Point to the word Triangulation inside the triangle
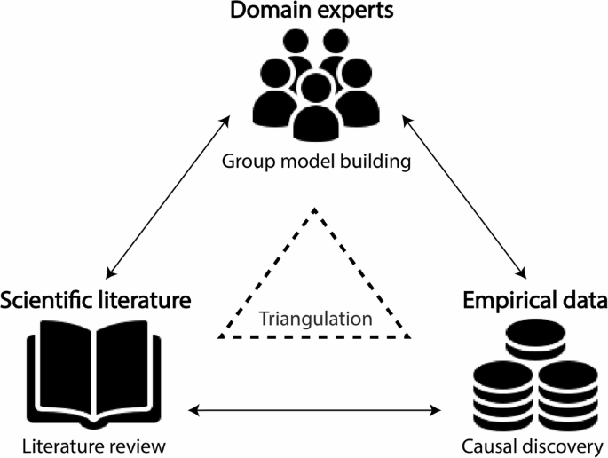(x=315, y=318)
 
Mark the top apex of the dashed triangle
(x=314, y=209)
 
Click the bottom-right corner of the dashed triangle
(x=410, y=337)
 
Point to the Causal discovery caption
(x=533, y=444)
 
